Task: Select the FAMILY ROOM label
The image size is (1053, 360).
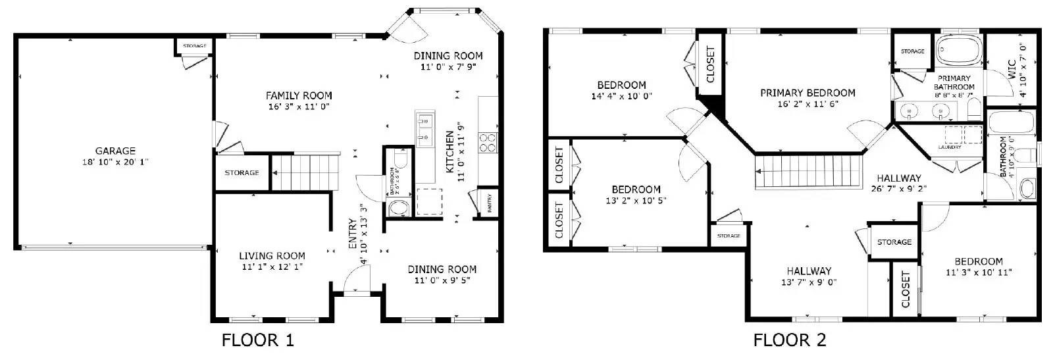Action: tap(299, 95)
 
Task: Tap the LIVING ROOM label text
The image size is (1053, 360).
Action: tap(272, 256)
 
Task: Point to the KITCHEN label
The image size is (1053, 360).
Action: tap(450, 152)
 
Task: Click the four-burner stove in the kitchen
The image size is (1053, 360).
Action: tap(488, 143)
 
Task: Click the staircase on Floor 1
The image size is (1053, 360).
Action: tap(305, 172)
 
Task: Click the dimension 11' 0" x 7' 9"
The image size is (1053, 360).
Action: tap(448, 67)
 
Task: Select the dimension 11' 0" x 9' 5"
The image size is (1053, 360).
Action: tap(442, 280)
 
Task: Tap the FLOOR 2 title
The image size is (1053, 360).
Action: tap(789, 340)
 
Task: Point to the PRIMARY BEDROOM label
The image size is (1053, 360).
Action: tap(808, 93)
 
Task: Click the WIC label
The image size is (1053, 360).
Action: tap(1012, 70)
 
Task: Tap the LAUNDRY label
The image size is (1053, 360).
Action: tap(950, 147)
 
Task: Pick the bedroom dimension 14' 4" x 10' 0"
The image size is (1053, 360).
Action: tap(621, 96)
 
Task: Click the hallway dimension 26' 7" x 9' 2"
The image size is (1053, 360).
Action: tap(898, 190)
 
